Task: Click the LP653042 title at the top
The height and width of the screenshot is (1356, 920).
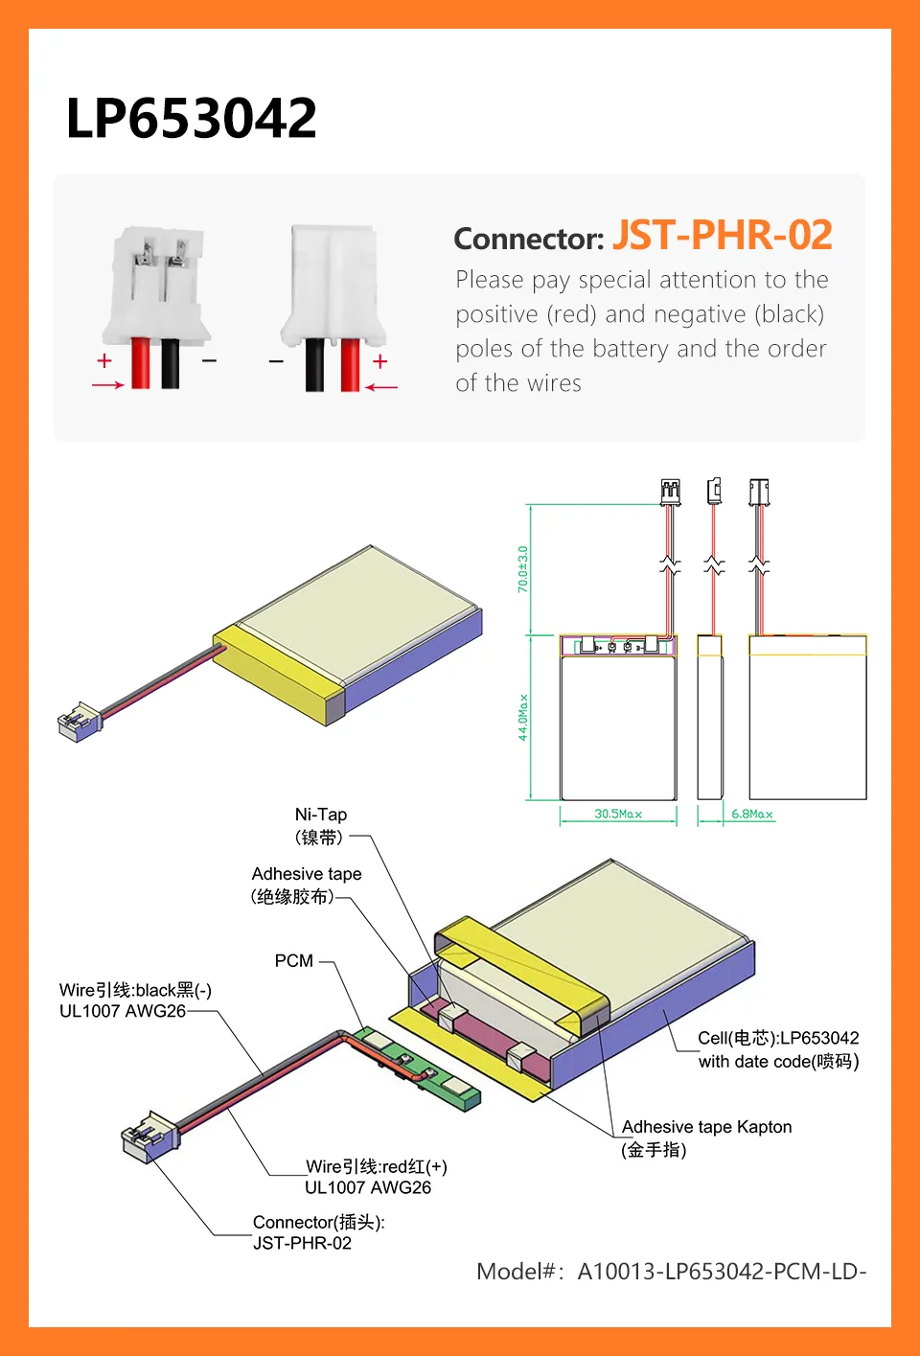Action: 191,119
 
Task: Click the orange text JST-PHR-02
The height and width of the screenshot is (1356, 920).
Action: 722,236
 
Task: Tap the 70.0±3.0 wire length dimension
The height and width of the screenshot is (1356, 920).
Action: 523,568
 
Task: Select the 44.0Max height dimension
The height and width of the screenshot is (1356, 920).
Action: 523,717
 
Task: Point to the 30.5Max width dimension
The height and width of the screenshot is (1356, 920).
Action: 618,815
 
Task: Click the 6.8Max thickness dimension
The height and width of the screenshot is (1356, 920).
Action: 751,815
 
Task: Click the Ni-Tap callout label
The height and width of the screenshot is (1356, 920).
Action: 321,825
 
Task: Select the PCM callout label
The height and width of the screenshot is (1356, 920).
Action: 294,961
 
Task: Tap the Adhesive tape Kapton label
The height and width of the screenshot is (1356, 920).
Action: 706,1138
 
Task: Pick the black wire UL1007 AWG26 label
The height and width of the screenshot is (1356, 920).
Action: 135,1000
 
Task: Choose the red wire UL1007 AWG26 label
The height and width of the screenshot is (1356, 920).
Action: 376,1177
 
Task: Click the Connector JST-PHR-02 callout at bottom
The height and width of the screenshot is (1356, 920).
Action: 318,1232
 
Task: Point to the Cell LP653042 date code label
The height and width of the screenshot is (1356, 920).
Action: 778,1049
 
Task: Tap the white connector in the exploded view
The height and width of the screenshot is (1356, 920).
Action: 149,1136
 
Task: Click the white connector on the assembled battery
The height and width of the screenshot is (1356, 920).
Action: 79,723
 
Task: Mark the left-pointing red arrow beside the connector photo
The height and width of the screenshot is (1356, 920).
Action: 381,387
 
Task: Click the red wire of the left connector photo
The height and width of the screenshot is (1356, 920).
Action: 141,363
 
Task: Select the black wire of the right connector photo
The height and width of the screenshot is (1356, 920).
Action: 314,365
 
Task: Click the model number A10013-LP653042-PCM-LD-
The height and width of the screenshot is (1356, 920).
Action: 671,1272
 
